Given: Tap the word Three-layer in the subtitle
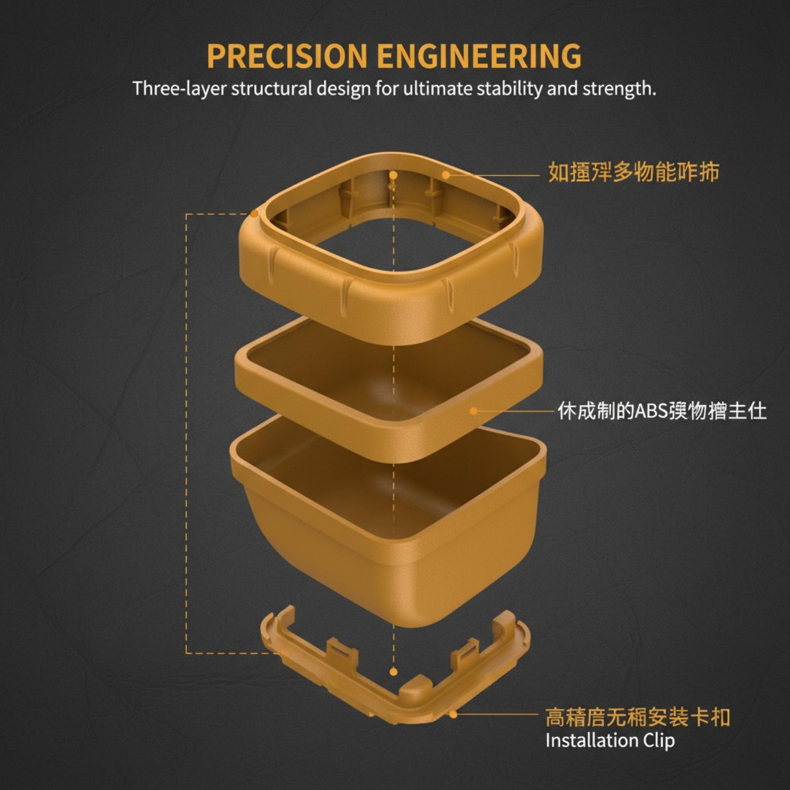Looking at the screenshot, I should click(x=179, y=89).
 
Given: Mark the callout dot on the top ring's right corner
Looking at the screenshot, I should click(x=446, y=174).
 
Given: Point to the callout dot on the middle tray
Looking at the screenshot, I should click(x=474, y=411).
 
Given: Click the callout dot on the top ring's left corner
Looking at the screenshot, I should click(x=254, y=213).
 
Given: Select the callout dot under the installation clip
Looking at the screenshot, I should click(x=453, y=713).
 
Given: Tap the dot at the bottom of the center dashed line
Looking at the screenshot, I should click(x=394, y=671).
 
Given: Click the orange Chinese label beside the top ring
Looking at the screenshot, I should click(x=633, y=172).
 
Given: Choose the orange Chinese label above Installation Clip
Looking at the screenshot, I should click(x=637, y=717).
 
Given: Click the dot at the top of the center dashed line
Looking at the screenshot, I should click(x=394, y=175).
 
